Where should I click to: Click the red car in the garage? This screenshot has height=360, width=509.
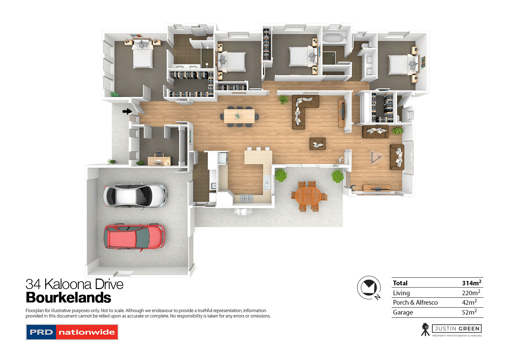tap(135, 237)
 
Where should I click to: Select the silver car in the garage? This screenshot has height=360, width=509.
tap(135, 195)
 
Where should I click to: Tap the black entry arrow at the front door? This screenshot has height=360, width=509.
tap(127, 111)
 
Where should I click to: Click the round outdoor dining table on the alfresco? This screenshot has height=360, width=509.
tap(308, 196)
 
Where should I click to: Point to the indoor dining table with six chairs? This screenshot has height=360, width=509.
tap(239, 116)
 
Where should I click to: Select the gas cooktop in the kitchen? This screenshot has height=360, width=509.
tap(247, 197)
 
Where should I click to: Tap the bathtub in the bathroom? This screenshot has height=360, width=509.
tap(334, 37)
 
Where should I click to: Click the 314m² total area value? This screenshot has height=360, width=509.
tap(471, 283)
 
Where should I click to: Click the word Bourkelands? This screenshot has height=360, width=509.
tap(69, 298)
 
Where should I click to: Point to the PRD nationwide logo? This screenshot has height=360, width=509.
tap(72, 332)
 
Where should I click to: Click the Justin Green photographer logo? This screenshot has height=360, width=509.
tap(452, 329)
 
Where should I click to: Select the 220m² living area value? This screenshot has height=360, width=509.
tap(471, 293)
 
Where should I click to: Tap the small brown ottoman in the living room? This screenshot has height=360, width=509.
tap(318, 144)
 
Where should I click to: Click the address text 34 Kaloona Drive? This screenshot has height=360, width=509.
tap(74, 284)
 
